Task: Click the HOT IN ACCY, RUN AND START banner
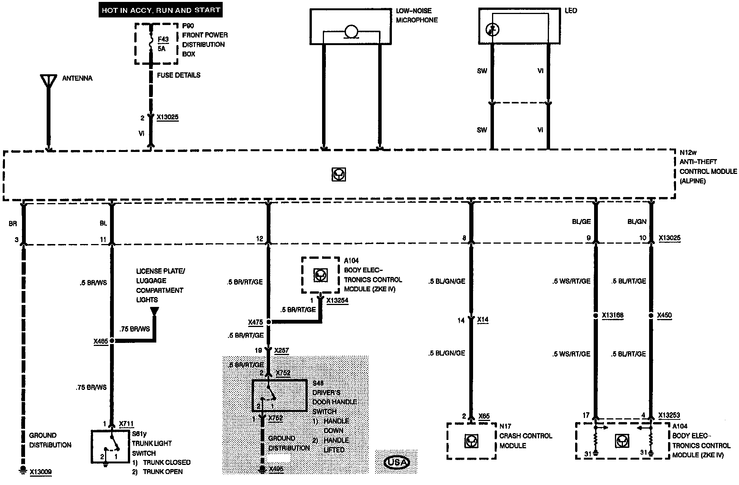tap(161, 10)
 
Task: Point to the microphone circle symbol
tap(351, 32)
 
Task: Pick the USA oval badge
tap(396, 462)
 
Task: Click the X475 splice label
tap(255, 322)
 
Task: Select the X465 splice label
tap(101, 341)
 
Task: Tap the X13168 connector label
tap(613, 315)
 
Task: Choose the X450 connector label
tap(664, 315)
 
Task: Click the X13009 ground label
tap(41, 472)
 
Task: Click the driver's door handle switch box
tap(280, 396)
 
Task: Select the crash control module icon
tap(471, 441)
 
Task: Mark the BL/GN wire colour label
tap(637, 222)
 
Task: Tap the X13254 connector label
tap(337, 300)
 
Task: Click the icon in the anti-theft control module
tap(338, 174)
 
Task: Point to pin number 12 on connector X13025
tap(259, 239)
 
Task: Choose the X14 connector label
tap(483, 320)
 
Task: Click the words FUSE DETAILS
tap(179, 75)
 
